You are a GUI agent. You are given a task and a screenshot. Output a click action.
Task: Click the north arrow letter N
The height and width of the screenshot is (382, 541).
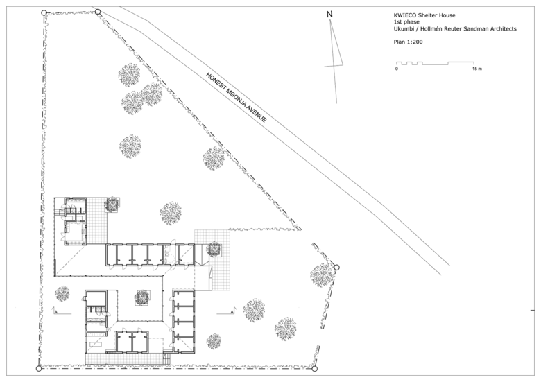[329, 15]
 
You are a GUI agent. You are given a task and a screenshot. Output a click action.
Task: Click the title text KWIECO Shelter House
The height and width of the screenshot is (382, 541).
[424, 15]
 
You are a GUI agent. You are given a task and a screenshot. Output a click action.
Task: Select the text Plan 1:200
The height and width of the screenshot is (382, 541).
[408, 42]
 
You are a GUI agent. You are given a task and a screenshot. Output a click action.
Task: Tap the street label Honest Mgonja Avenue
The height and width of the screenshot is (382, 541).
[237, 97]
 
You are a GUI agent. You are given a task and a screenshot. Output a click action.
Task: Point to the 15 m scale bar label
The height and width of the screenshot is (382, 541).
[477, 69]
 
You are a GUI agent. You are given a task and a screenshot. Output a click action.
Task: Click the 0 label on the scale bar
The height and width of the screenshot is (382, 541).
[397, 69]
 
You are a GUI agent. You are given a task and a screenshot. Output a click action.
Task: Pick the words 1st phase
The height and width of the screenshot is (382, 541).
[406, 22]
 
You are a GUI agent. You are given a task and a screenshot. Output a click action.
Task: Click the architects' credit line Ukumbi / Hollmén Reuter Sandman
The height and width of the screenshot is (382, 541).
[455, 29]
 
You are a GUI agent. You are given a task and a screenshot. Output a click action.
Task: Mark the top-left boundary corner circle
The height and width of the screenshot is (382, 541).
[44, 12]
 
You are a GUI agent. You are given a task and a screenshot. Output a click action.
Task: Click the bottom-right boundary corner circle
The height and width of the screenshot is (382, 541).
[314, 369]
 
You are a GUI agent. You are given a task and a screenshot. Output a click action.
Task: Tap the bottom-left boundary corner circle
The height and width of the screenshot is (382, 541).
[39, 369]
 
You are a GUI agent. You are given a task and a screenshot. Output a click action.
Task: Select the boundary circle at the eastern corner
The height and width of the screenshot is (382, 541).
[337, 267]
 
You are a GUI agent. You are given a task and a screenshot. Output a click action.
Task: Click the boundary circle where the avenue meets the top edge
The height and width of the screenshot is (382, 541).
[98, 12]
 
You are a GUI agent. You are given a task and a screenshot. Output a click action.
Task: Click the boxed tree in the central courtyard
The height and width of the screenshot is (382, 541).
[142, 297]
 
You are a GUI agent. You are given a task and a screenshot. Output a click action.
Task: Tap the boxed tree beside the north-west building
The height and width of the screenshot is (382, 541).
[112, 204]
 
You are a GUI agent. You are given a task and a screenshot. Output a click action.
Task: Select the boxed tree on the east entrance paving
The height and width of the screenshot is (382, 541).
[214, 250]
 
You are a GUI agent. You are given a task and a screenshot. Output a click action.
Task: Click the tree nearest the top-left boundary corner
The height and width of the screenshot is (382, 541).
[129, 75]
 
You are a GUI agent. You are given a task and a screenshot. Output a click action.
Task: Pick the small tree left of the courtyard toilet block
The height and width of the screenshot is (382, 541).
[62, 294]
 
